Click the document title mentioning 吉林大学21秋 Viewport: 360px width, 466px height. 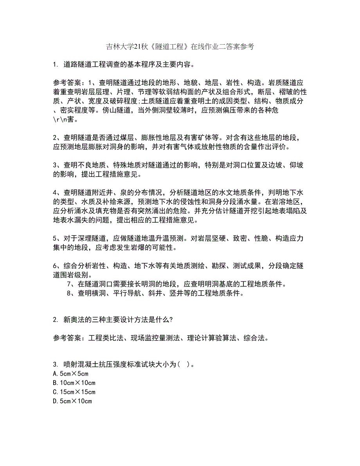pos(180,47)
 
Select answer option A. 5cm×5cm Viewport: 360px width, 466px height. pos(67,373)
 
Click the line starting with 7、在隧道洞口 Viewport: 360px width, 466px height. pos(176,284)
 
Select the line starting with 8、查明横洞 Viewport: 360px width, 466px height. pos(155,293)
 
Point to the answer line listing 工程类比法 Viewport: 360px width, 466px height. pos(161,338)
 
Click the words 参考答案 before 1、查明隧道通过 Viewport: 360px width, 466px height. pos(67,83)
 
